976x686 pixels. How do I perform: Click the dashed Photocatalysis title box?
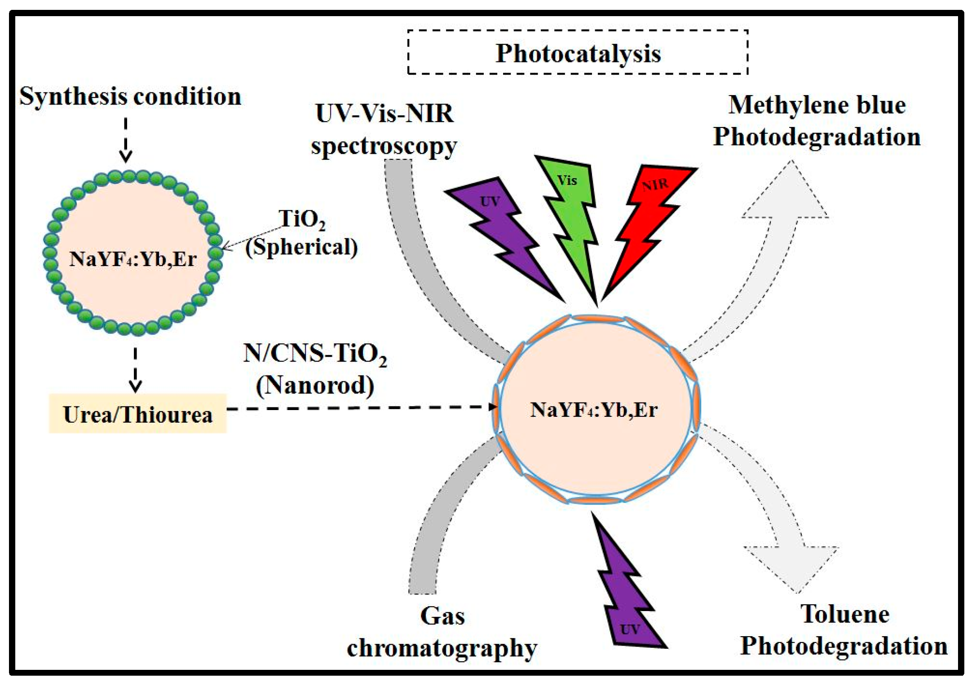tap(578, 52)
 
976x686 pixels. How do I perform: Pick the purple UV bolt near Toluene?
tap(627, 592)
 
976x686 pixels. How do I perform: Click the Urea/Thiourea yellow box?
tap(137, 414)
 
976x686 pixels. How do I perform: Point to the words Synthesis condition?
tap(130, 96)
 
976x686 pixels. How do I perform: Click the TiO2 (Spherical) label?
tap(302, 233)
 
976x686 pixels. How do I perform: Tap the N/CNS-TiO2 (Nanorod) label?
tap(315, 369)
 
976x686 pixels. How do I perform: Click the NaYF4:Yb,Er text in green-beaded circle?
tap(133, 259)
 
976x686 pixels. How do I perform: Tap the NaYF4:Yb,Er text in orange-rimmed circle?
tap(594, 410)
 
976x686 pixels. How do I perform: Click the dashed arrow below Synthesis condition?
tap(126, 139)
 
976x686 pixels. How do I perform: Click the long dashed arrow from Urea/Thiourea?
tap(359, 407)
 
